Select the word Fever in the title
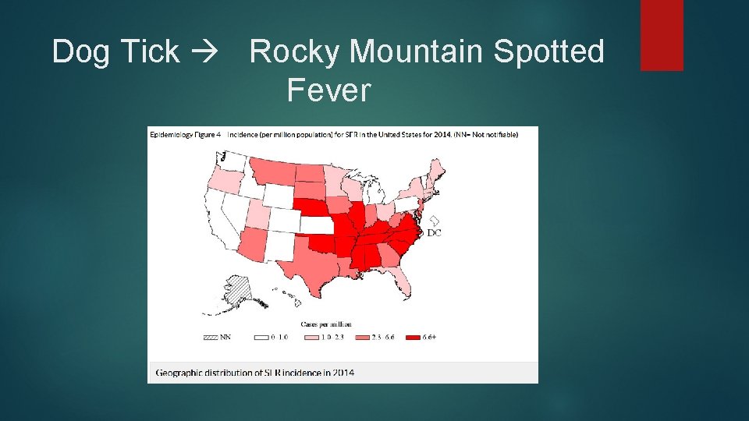(328, 91)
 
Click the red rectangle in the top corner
(662, 35)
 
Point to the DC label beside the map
(434, 232)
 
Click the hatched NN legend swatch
(210, 338)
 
